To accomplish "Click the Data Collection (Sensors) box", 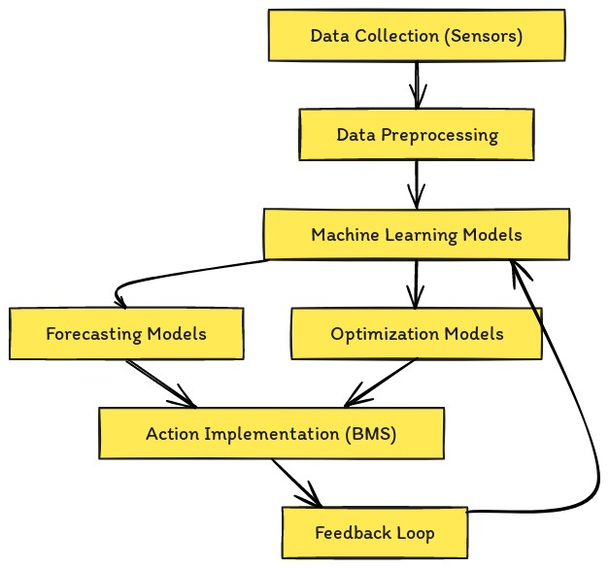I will tap(416, 36).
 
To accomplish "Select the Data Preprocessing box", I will tap(416, 134).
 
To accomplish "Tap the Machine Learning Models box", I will tap(416, 234).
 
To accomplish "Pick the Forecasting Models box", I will tap(126, 334).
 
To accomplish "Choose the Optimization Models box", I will tap(416, 334).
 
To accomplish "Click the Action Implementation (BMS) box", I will tap(271, 433).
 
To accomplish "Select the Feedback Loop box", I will tap(374, 532).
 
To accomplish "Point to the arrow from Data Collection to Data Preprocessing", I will tap(417, 84).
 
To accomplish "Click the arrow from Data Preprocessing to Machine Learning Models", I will tap(417, 184).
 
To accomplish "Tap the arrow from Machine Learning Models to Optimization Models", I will tap(417, 284).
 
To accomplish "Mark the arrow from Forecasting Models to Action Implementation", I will tap(160, 383).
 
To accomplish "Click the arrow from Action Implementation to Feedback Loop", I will tap(295, 482).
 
